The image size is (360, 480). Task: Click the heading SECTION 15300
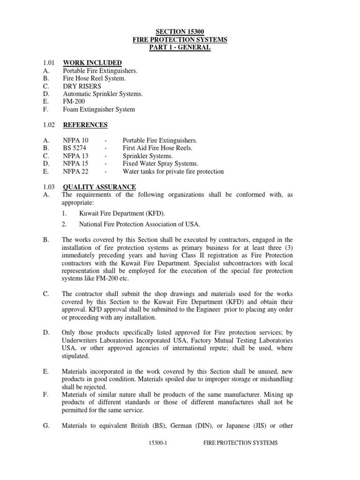[180, 32]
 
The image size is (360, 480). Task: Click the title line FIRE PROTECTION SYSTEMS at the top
[180, 40]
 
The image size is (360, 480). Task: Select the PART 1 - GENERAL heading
[180, 47]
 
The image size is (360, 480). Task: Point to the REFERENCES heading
[85, 125]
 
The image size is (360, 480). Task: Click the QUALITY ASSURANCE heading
[99, 187]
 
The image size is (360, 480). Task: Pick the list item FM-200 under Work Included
[74, 102]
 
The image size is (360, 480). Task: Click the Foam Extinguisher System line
[99, 109]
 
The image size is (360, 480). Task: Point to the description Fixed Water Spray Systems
[160, 164]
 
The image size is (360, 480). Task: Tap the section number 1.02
[48, 125]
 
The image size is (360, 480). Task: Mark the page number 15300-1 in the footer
[157, 442]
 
